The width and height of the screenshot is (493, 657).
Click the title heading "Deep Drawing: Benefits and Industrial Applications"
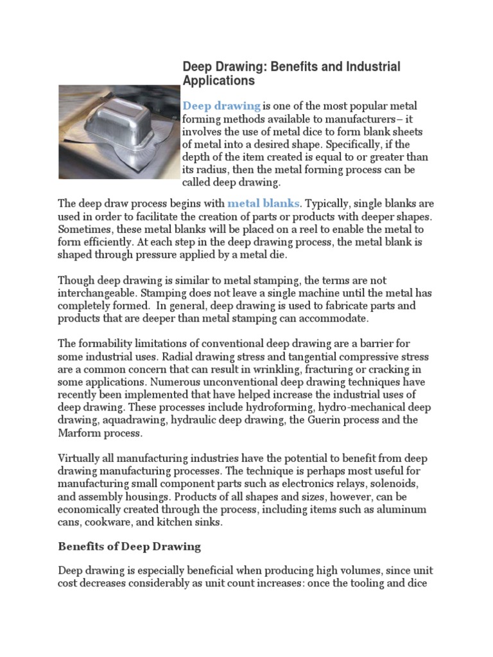click(291, 74)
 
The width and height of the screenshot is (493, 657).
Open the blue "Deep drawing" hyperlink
click(221, 105)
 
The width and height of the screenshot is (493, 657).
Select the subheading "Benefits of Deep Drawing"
click(130, 547)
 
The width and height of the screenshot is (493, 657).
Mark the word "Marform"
click(80, 432)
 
